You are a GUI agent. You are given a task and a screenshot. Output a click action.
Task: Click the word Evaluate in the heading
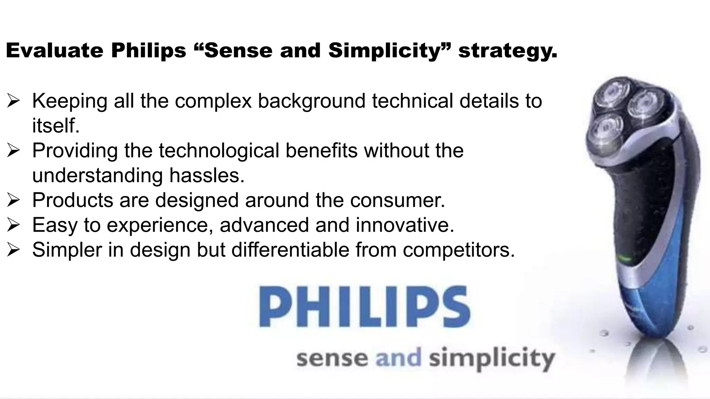tap(54, 51)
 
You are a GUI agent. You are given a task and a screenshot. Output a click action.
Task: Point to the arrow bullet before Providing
tap(14, 151)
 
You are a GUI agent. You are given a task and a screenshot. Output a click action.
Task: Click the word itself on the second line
tap(55, 125)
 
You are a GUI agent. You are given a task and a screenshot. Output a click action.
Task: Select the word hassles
tap(207, 175)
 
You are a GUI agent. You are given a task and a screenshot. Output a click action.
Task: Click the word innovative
tap(405, 225)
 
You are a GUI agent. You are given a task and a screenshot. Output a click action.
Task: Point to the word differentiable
tap(290, 250)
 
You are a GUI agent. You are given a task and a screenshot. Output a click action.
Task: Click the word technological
tap(219, 151)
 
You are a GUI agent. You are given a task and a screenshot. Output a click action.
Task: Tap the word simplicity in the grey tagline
tap(492, 359)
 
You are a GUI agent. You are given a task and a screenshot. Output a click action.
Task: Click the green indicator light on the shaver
tap(624, 258)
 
